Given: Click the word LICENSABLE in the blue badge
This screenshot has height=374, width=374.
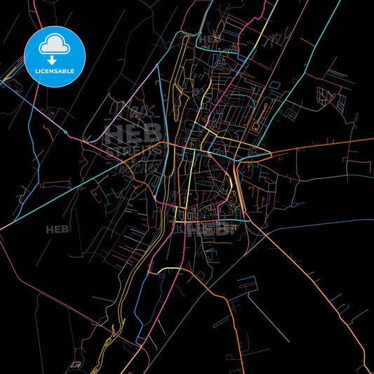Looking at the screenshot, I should [x=54, y=72].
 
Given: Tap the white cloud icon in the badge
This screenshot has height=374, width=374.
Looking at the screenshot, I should [x=54, y=45].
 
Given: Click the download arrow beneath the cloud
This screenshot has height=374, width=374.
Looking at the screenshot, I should [x=54, y=59].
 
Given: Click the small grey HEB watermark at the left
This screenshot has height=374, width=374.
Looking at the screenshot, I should [x=58, y=229].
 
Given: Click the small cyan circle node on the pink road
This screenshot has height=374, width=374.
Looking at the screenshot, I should [x=65, y=131].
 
